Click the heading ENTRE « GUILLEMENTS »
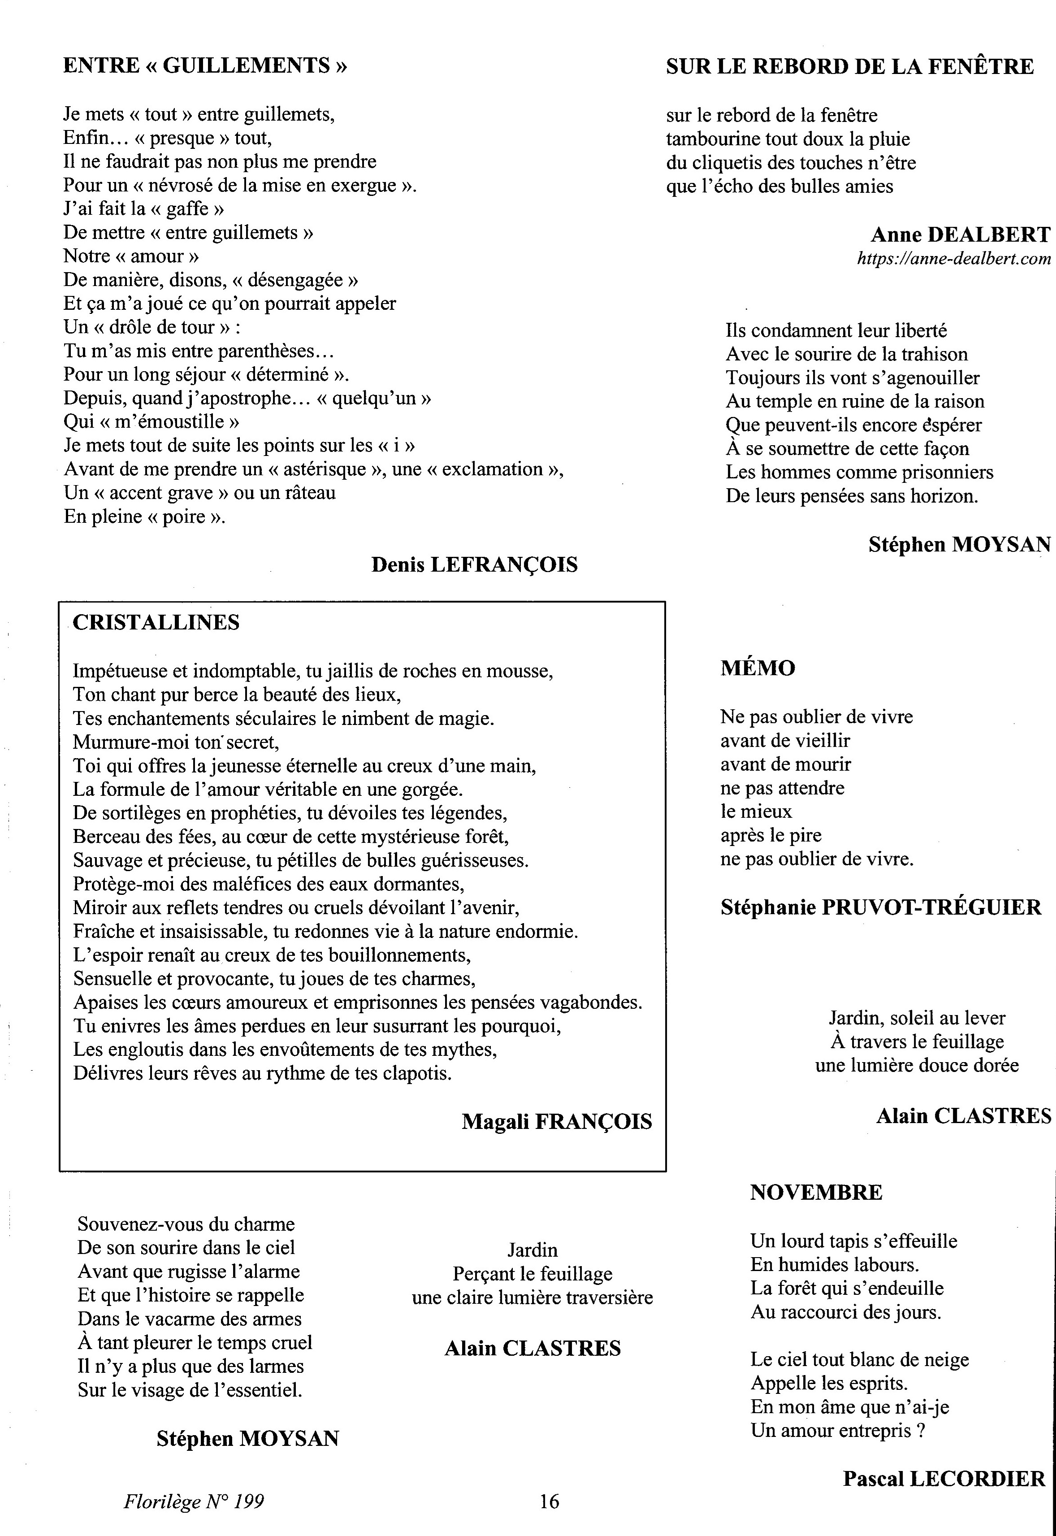pos(205,65)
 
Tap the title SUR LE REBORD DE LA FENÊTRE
pos(849,66)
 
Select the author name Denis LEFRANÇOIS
pos(474,564)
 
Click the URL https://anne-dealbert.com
pos(953,259)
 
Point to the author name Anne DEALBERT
pos(960,234)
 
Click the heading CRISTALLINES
pos(156,622)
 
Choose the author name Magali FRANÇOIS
pos(556,1121)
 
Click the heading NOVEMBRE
pos(816,1193)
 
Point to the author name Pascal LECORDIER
pos(943,1479)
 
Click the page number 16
pos(549,1501)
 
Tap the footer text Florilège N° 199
pos(193,1501)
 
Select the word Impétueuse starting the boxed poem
pos(121,671)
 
